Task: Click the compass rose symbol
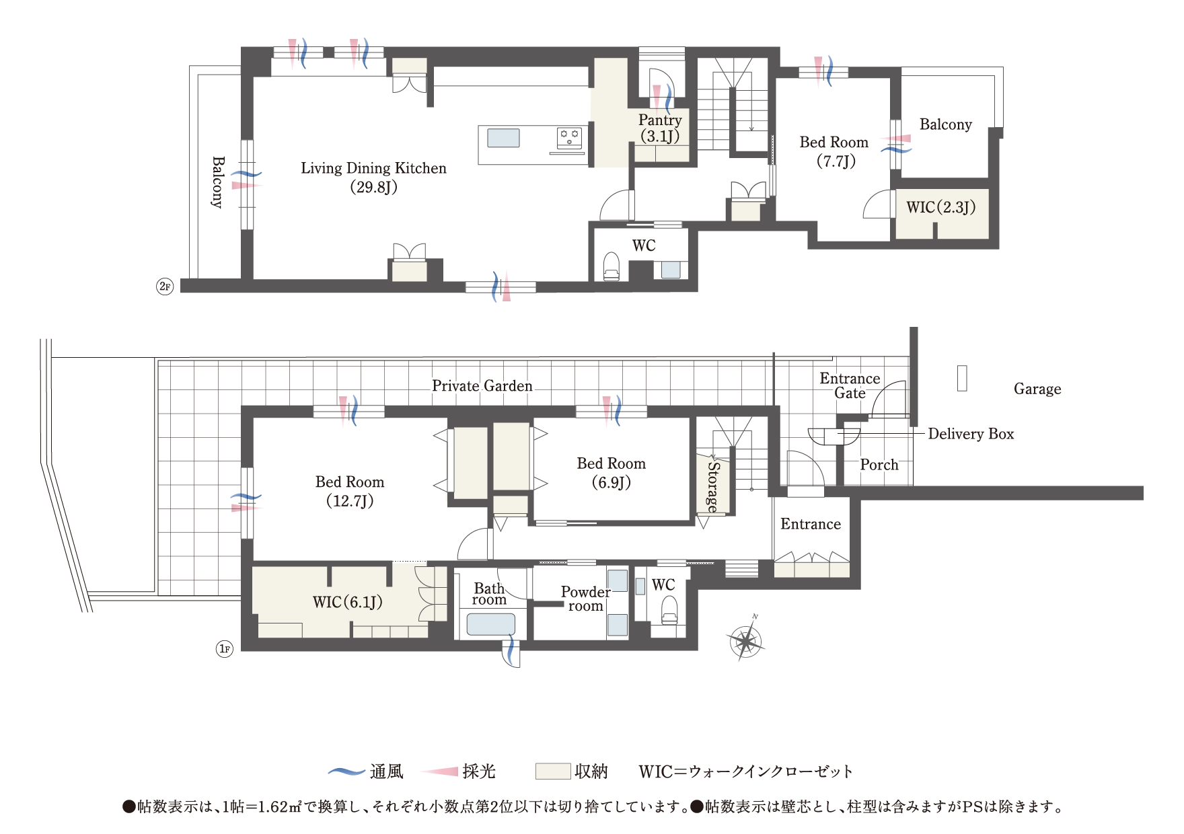(745, 640)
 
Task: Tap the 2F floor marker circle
(165, 287)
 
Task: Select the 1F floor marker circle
(224, 649)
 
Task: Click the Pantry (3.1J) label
(660, 128)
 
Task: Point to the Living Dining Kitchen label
(373, 177)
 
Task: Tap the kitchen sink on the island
(503, 138)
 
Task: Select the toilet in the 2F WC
(611, 265)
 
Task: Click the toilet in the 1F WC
(669, 611)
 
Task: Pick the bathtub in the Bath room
(490, 625)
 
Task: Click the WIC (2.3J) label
(940, 207)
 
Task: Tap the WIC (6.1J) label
(347, 602)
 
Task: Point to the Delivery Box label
(970, 434)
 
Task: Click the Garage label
(1037, 389)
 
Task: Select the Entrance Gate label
(850, 386)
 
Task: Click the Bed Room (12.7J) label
(350, 491)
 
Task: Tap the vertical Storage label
(712, 486)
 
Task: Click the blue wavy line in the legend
(346, 771)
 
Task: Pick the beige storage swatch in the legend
(552, 771)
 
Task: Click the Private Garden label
(482, 386)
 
